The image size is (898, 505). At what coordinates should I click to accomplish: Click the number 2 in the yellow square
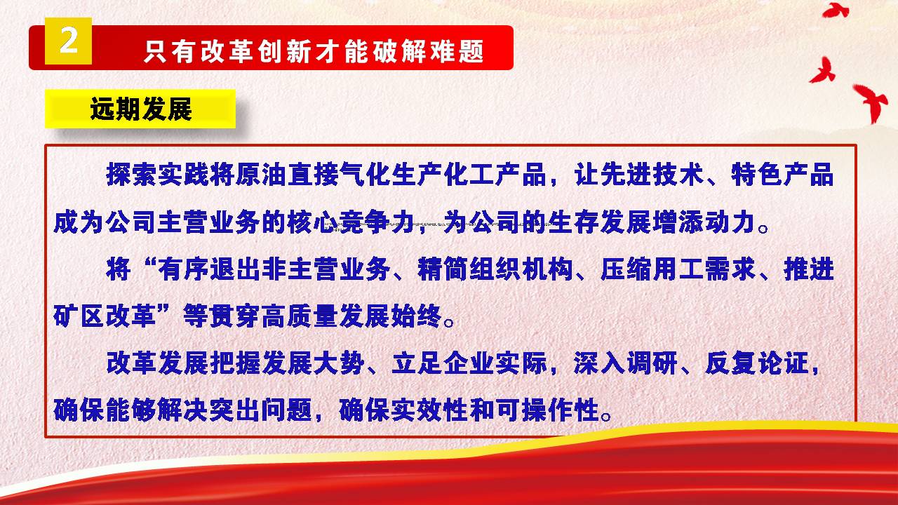[69, 41]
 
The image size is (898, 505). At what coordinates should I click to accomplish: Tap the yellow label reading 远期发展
[140, 109]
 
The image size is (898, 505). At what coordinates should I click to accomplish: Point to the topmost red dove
[836, 11]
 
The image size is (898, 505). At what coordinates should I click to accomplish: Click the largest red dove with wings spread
[870, 102]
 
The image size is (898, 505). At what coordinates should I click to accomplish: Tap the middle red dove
[823, 71]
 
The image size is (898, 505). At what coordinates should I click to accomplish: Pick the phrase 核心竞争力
[351, 222]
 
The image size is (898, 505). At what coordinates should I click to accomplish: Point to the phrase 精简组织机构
[495, 269]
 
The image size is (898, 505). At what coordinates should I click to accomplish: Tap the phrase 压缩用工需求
[678, 269]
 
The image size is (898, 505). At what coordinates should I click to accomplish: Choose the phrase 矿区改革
[105, 316]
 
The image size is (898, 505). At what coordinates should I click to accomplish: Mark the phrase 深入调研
[626, 363]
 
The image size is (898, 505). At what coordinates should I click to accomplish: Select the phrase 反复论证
[756, 363]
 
